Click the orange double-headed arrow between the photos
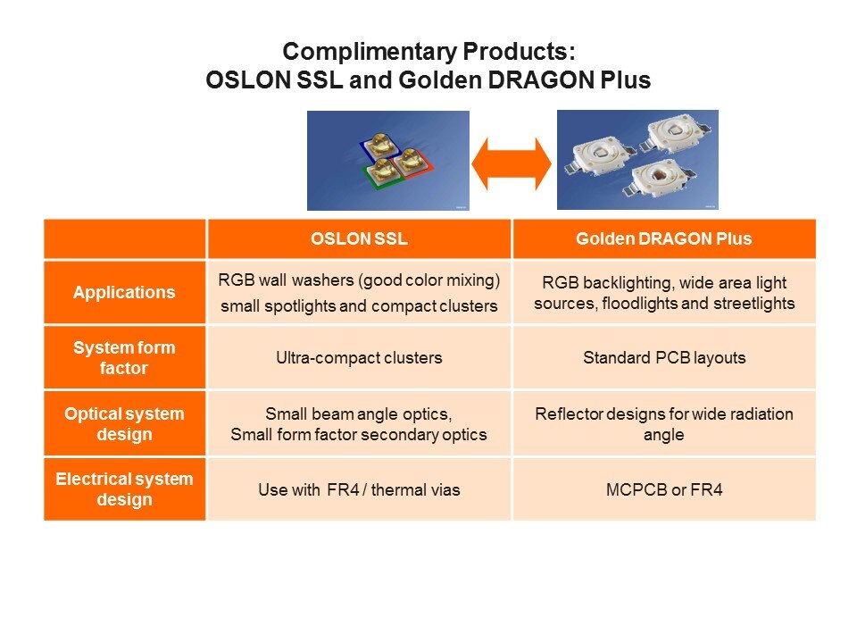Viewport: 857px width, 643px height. (512, 163)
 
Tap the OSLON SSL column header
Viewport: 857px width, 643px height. (359, 238)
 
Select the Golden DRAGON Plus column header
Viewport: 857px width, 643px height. (663, 238)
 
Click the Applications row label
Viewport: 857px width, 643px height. (125, 292)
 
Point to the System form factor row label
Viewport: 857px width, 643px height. (125, 357)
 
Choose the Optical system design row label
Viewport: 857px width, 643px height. (125, 423)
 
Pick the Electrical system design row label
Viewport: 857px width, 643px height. (125, 489)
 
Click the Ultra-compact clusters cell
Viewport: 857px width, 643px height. (359, 358)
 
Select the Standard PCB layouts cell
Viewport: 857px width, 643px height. (663, 358)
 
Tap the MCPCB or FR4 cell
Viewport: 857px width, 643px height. (663, 489)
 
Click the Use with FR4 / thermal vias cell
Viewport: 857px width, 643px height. (359, 489)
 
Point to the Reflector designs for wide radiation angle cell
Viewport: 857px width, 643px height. (663, 423)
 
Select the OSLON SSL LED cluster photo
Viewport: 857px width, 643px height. (388, 161)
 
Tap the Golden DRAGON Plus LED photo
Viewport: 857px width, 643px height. (637, 161)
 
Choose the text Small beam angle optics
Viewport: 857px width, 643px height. (359, 414)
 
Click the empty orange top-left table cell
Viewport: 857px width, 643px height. (125, 238)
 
